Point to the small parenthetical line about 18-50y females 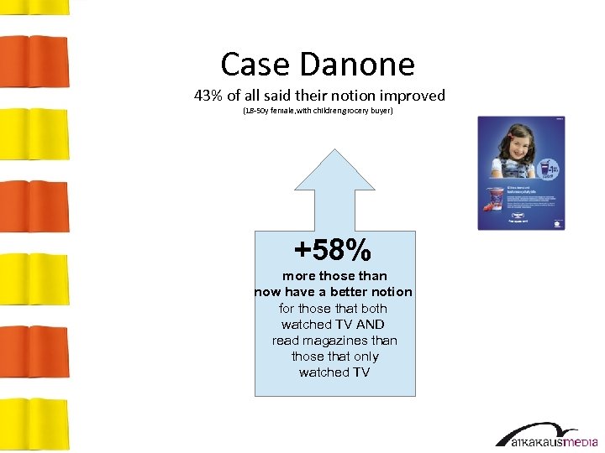(318, 111)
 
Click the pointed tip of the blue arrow (334, 151)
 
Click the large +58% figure (333, 249)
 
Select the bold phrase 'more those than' (334, 276)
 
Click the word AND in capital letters (370, 324)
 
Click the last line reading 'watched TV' (334, 372)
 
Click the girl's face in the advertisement (514, 143)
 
